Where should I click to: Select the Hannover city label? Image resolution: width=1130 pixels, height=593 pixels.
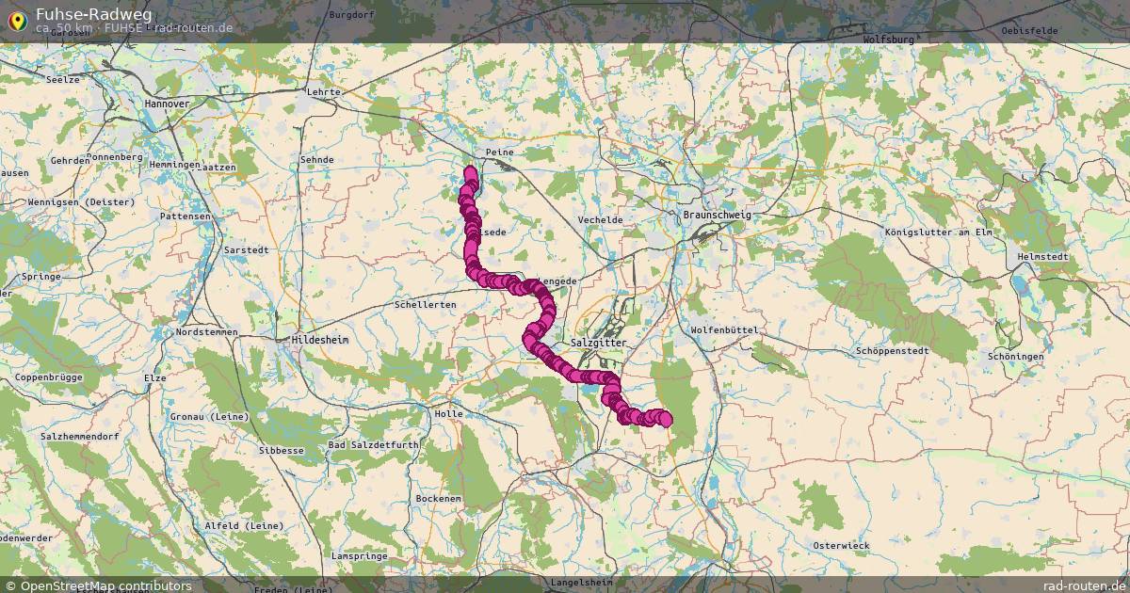pyautogui.click(x=168, y=103)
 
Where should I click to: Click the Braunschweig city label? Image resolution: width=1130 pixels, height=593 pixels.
pyautogui.click(x=717, y=215)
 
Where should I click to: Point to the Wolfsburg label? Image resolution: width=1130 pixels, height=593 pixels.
pyautogui.click(x=888, y=40)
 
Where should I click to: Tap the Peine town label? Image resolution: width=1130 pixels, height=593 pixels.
pyautogui.click(x=497, y=152)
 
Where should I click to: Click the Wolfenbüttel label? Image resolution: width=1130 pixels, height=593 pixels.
pyautogui.click(x=724, y=329)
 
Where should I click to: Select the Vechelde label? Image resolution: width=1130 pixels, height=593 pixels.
pyautogui.click(x=600, y=219)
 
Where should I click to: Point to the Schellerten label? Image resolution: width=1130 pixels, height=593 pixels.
pyautogui.click(x=426, y=305)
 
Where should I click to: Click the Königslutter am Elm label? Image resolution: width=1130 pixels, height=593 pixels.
pyautogui.click(x=939, y=232)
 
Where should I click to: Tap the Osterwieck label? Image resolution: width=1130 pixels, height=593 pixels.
pyautogui.click(x=842, y=545)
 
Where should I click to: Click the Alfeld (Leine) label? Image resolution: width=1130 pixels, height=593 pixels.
pyautogui.click(x=240, y=525)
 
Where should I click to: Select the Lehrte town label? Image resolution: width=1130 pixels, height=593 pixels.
pyautogui.click(x=323, y=92)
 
